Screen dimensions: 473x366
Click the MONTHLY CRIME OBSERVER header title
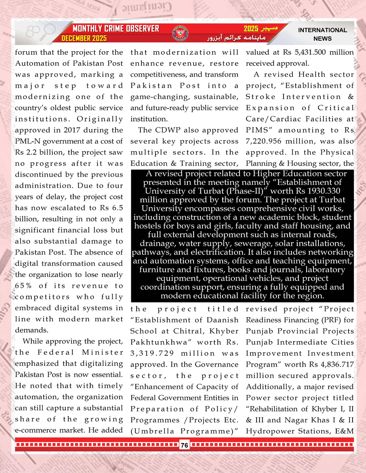115,29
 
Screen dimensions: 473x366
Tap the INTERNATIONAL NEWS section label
322,34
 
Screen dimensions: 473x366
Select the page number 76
184,445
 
